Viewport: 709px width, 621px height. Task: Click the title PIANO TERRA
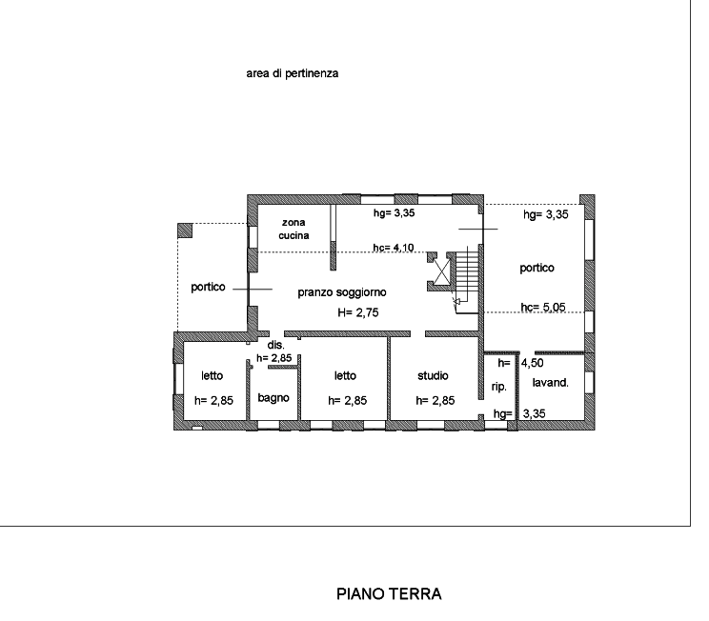click(x=389, y=593)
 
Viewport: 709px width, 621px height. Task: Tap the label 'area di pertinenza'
click(x=293, y=73)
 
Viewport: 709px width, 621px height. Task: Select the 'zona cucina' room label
click(x=294, y=229)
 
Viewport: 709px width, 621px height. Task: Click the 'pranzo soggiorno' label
click(x=342, y=292)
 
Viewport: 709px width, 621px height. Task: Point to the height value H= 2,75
click(x=358, y=312)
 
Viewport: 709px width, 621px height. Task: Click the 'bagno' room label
click(x=273, y=398)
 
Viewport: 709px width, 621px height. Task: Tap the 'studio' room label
click(x=433, y=375)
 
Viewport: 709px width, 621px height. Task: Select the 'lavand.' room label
click(x=550, y=382)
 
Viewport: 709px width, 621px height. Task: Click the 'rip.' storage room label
click(x=499, y=387)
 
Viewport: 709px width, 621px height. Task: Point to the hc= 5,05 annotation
click(x=543, y=308)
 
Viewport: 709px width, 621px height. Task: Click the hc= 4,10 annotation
click(x=394, y=248)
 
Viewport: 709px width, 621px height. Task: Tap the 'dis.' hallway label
click(x=275, y=345)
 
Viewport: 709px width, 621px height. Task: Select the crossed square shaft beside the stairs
click(x=442, y=272)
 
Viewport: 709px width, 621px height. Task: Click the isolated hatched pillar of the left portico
click(x=185, y=230)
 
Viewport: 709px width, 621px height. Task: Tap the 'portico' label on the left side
click(x=208, y=287)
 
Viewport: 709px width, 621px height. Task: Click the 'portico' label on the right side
click(x=537, y=268)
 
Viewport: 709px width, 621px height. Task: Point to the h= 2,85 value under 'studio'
click(x=435, y=400)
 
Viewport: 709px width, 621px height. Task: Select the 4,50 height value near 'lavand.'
click(x=532, y=363)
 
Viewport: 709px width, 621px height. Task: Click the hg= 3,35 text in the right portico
click(x=546, y=214)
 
